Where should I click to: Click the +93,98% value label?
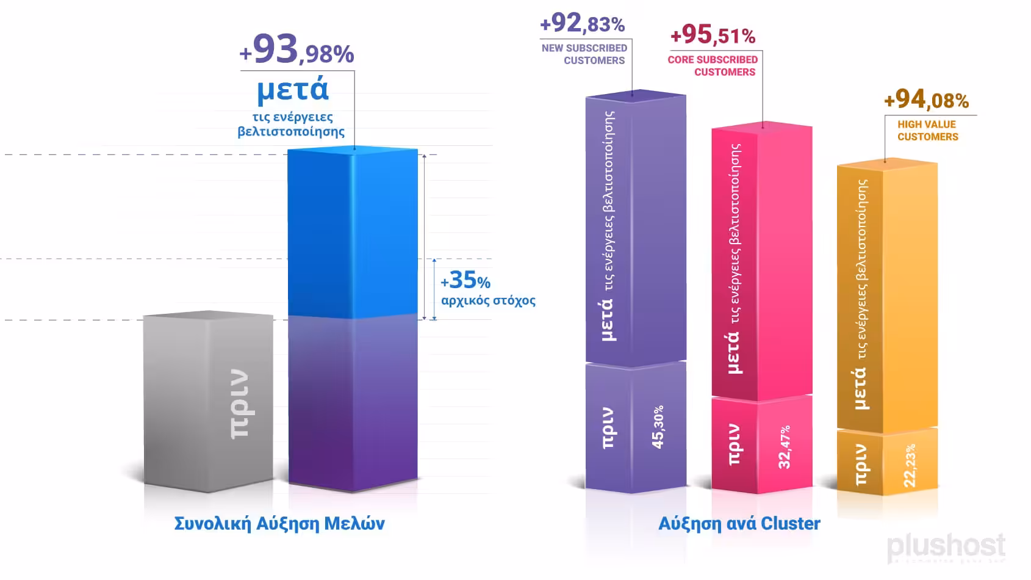pos(297,50)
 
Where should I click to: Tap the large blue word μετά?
pos(293,90)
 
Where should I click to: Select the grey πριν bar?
pos(207,403)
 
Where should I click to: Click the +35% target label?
pos(465,281)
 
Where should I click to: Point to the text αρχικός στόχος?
pos(488,300)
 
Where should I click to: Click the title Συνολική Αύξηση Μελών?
pos(279,524)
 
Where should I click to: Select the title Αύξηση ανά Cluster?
pos(739,524)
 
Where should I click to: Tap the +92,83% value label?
pos(583,24)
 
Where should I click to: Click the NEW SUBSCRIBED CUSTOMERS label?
pos(584,54)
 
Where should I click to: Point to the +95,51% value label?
pos(713,35)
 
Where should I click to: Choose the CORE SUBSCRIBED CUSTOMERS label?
pos(713,65)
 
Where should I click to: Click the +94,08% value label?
pos(926,100)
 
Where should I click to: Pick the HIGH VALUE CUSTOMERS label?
pos(927,130)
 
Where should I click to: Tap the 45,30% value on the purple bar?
pos(658,427)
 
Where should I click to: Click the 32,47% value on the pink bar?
pos(785,447)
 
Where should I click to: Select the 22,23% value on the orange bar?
pos(910,465)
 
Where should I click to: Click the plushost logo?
pos(946,546)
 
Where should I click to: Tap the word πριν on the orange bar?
pos(861,465)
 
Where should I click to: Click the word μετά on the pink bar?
pos(734,352)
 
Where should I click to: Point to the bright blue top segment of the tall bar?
pos(353,232)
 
